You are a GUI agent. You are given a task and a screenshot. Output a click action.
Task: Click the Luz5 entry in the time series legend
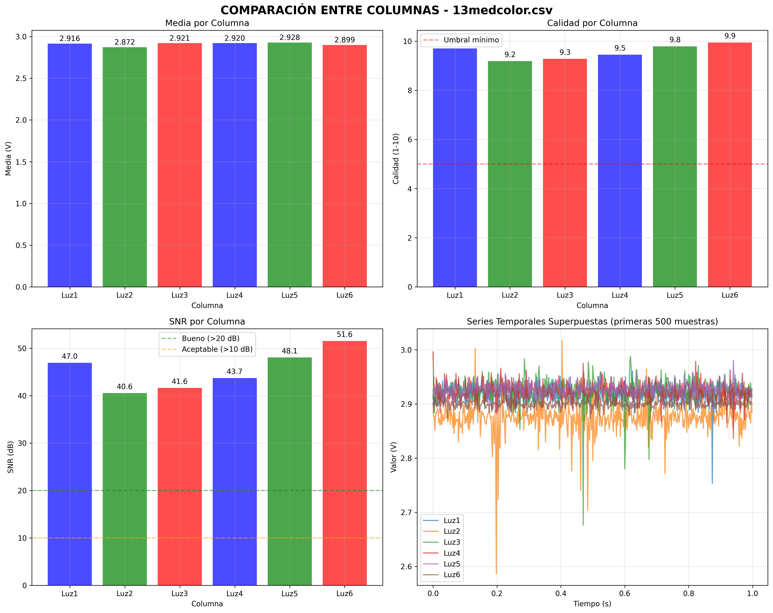point(451,564)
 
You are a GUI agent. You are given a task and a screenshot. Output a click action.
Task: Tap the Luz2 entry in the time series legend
point(451,531)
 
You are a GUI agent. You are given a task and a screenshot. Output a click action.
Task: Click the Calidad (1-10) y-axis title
point(396,158)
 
